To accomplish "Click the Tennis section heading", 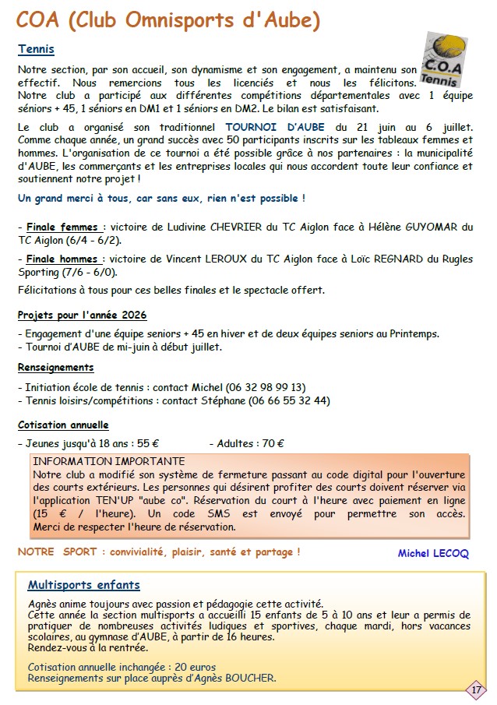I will pos(36,50).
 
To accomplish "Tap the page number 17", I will pos(474,689).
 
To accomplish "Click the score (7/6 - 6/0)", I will pos(90,272).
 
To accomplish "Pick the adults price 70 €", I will pos(273,444).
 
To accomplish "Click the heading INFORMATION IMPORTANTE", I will pos(109,461).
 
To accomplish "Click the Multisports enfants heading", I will pos(83,585).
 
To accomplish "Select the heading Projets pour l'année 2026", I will pos(82,315).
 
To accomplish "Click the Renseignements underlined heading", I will pos(55,367).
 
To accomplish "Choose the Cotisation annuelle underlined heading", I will pos(63,425).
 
